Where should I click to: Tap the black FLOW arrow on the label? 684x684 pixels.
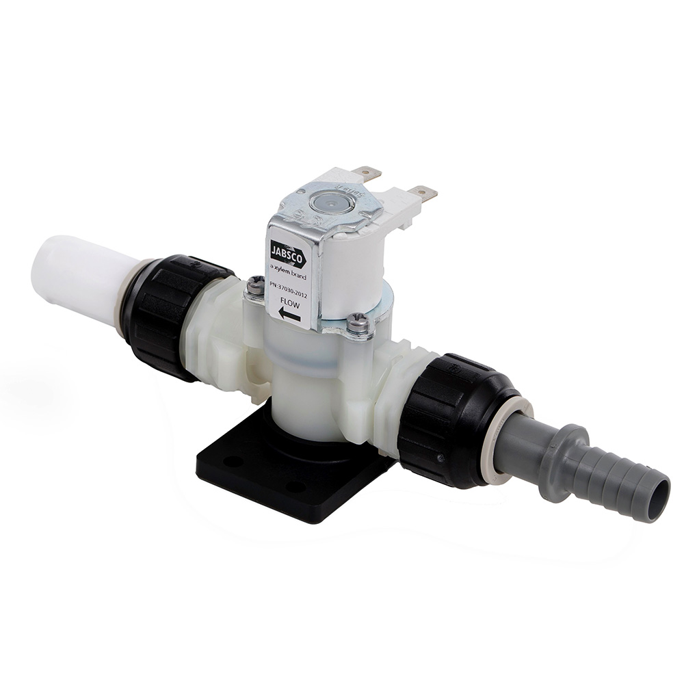289,315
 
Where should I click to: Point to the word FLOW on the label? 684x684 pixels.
289,299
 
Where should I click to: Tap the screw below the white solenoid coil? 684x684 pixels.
357,321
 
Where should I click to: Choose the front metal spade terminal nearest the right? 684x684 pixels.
423,193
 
